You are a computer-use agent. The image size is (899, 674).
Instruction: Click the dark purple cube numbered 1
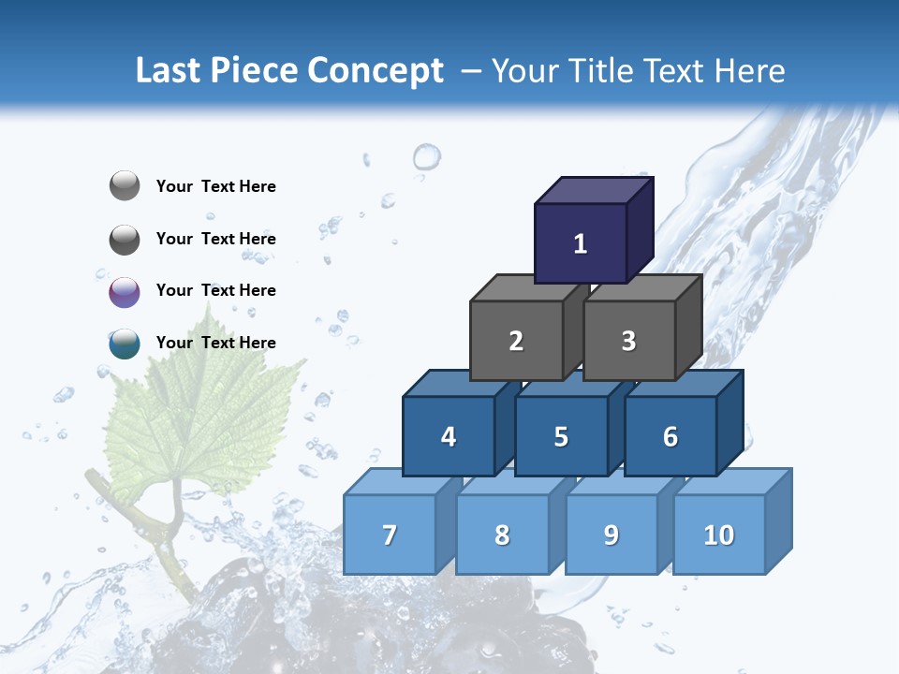pyautogui.click(x=581, y=243)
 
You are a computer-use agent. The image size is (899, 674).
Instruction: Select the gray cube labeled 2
pyautogui.click(x=516, y=341)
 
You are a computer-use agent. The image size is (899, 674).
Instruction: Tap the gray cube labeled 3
pyautogui.click(x=628, y=341)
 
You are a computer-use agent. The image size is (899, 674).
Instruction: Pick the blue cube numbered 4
pyautogui.click(x=449, y=436)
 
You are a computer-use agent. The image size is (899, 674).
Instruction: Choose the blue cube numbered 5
pyautogui.click(x=561, y=436)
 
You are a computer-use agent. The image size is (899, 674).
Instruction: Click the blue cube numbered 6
pyautogui.click(x=670, y=436)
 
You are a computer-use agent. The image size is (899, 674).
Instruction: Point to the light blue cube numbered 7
pyautogui.click(x=390, y=535)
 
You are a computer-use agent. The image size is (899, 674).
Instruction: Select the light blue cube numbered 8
pyautogui.click(x=502, y=535)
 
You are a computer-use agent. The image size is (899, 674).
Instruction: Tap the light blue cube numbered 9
pyautogui.click(x=611, y=535)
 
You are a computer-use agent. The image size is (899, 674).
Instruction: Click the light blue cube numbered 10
pyautogui.click(x=718, y=535)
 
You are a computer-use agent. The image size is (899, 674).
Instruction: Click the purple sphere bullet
pyautogui.click(x=125, y=292)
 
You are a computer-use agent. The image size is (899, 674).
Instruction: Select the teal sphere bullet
pyautogui.click(x=125, y=344)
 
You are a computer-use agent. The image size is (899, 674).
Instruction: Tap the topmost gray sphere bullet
pyautogui.click(x=125, y=186)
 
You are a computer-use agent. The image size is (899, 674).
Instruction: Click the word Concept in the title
pyautogui.click(x=376, y=71)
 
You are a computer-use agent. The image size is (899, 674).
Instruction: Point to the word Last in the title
pyautogui.click(x=169, y=71)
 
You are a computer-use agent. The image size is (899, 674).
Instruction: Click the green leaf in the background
pyautogui.click(x=201, y=412)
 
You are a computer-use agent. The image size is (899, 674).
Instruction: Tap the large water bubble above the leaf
pyautogui.click(x=427, y=156)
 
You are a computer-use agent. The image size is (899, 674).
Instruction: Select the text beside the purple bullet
pyautogui.click(x=216, y=290)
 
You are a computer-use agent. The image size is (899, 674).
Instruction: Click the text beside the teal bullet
pyautogui.click(x=216, y=343)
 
